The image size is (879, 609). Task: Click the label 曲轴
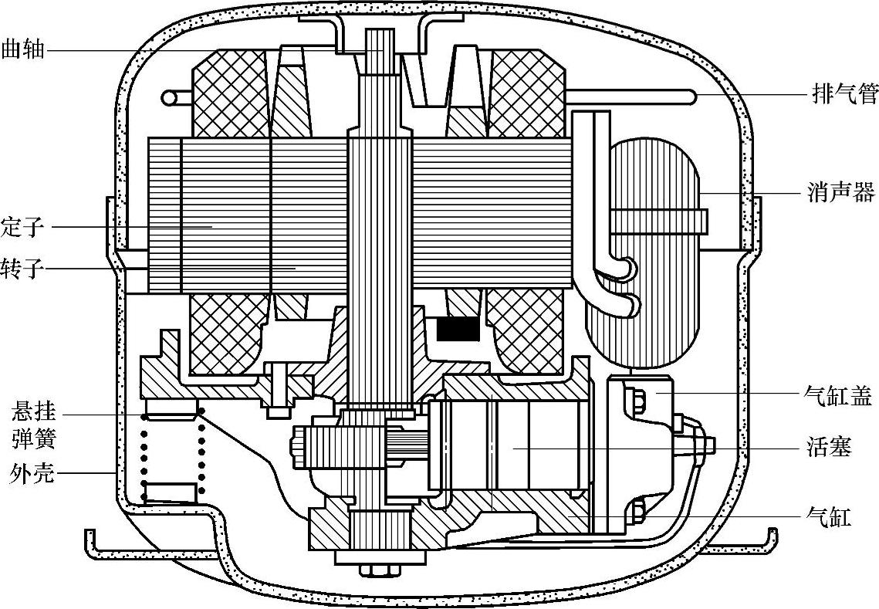[x=23, y=50]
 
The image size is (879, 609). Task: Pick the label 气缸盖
[x=837, y=397]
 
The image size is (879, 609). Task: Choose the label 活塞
[x=830, y=448]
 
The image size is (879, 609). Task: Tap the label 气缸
[x=828, y=516]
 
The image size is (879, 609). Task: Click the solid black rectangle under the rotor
[x=458, y=330]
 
